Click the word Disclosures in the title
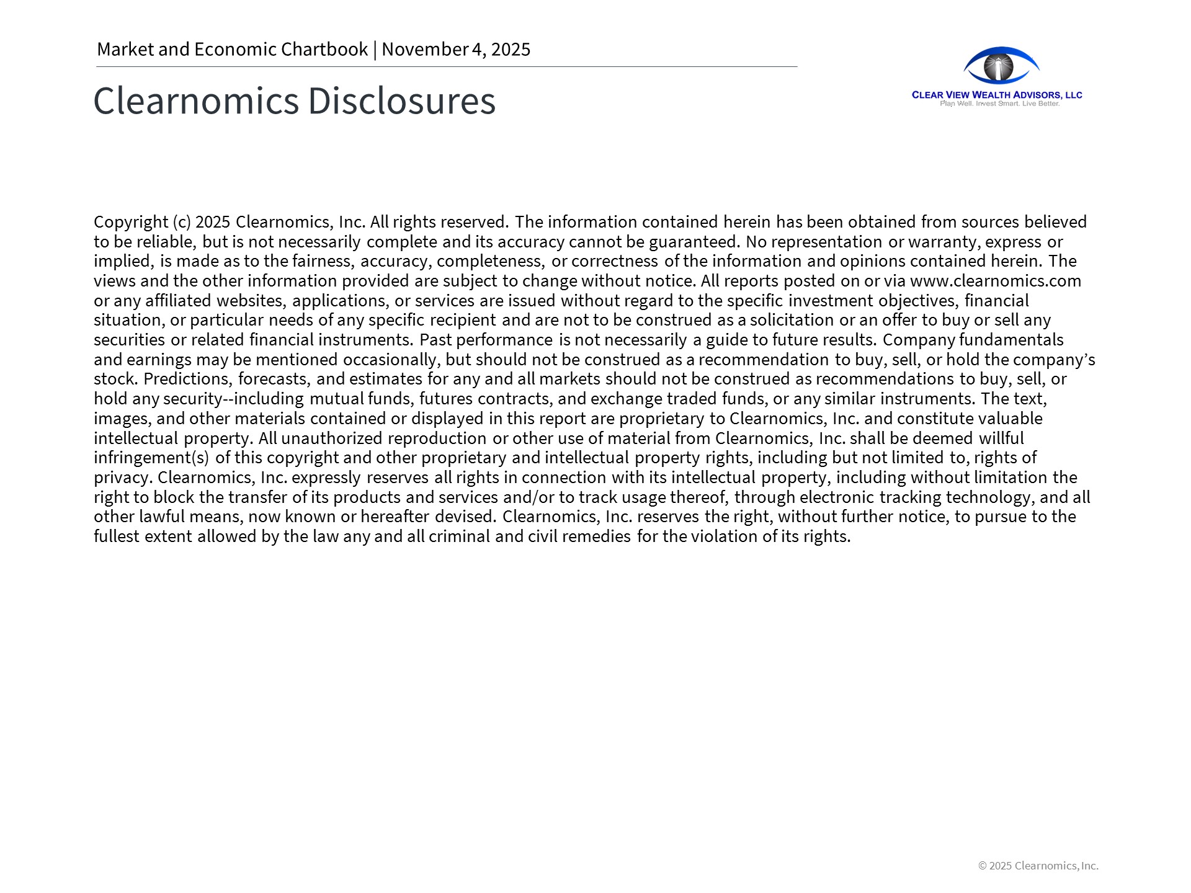point(401,100)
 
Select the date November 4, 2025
point(456,50)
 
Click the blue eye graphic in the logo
point(1001,66)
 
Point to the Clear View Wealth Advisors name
point(997,95)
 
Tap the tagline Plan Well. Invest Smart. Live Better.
point(999,104)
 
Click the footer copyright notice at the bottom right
point(1038,866)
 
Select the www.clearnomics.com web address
point(995,281)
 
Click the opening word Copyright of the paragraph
point(131,222)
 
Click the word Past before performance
point(435,340)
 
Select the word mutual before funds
point(336,399)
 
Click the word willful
point(1001,438)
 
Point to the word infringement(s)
point(151,458)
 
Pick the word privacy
point(122,478)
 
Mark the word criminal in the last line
point(459,536)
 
